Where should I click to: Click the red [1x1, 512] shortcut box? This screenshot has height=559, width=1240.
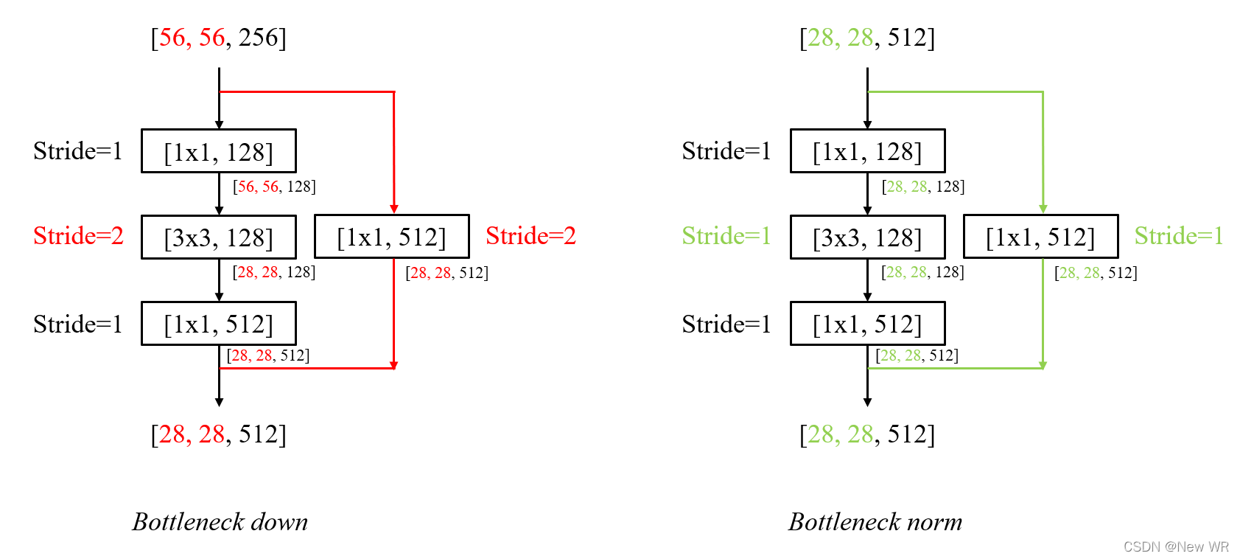point(391,237)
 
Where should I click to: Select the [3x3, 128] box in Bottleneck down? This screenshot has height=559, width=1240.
point(219,237)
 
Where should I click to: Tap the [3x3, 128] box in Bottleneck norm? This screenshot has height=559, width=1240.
point(867,237)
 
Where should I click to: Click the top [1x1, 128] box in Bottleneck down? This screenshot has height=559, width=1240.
point(219,151)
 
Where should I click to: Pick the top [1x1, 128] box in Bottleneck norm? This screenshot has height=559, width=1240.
point(867,151)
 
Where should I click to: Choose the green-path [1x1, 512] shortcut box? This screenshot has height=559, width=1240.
point(1040,237)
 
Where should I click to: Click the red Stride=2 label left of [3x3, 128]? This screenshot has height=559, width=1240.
point(78,236)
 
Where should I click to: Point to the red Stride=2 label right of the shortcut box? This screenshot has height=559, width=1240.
point(530,236)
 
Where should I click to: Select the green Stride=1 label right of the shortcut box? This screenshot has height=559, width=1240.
point(1179,236)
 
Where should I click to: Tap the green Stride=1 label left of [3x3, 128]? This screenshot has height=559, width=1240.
point(726,236)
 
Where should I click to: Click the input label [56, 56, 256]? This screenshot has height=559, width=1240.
point(219,38)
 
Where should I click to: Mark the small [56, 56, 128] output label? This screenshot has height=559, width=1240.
point(274,187)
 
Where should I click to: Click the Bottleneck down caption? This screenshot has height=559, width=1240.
point(220,521)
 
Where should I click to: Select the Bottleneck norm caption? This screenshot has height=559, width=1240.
point(875,521)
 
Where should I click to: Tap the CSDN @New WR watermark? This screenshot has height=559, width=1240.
point(1176,546)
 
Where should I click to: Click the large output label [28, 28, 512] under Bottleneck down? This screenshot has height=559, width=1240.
point(219,434)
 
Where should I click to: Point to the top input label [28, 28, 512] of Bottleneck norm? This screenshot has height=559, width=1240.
point(867,38)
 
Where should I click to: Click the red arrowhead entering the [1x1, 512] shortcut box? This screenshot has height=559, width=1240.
point(394,209)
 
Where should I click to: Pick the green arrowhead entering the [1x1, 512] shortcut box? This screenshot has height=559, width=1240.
point(1043,209)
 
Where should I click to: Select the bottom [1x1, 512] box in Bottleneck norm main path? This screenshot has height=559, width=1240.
point(867,324)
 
